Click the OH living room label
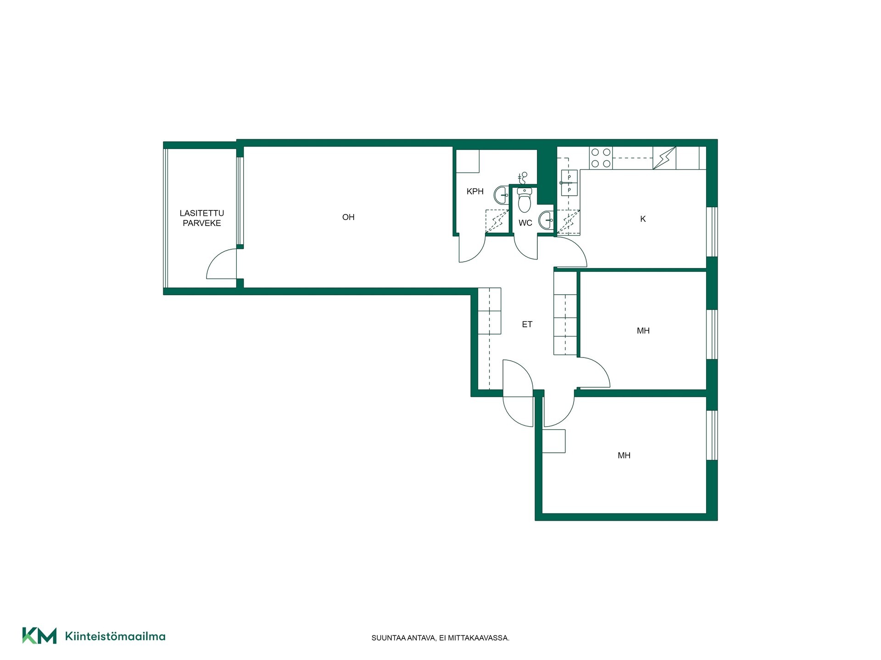[348, 217]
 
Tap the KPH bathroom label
[475, 192]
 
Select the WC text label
[525, 223]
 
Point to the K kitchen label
[643, 219]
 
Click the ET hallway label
[527, 324]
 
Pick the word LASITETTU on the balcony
[202, 213]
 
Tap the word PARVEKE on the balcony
[202, 223]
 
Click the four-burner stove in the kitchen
[601, 158]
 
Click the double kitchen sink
[569, 183]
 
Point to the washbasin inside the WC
[546, 220]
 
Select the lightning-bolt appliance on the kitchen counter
[664, 158]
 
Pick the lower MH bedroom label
[624, 456]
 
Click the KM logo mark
[39, 636]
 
